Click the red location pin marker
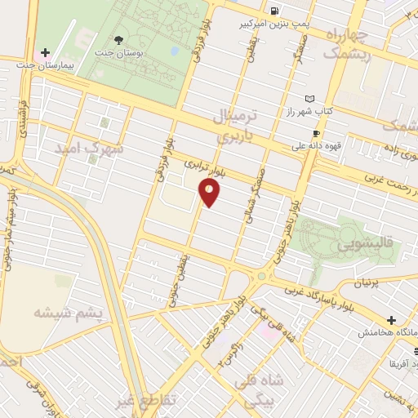(x=209, y=193)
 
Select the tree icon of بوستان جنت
(x=120, y=41)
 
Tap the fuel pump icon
(x=274, y=11)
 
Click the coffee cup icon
(x=316, y=134)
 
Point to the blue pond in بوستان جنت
(x=174, y=51)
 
